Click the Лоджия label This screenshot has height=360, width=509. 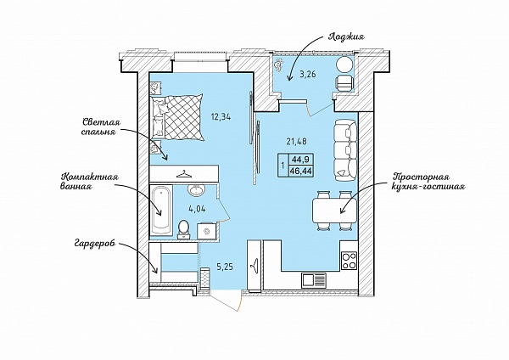tap(346, 36)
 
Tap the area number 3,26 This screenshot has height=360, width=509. tap(308, 75)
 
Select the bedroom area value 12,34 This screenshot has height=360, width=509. tap(221, 117)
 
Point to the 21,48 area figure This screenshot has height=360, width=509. tap(297, 141)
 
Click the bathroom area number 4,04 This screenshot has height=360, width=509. tap(198, 209)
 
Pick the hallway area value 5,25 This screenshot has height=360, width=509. tap(225, 267)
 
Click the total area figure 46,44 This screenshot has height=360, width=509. tap(301, 171)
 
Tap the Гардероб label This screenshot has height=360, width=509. tap(95, 244)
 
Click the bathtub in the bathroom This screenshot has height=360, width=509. tap(161, 210)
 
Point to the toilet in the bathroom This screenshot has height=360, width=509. tap(184, 230)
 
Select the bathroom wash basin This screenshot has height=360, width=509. tap(196, 190)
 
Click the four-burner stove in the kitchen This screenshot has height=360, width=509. tap(349, 261)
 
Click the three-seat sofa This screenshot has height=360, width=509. tap(344, 150)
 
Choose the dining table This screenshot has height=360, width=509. tap(334, 211)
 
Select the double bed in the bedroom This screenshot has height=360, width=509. tap(177, 118)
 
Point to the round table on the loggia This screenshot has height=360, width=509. tap(344, 65)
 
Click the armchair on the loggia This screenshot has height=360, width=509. tap(344, 82)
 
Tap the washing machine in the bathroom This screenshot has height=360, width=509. tap(206, 231)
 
